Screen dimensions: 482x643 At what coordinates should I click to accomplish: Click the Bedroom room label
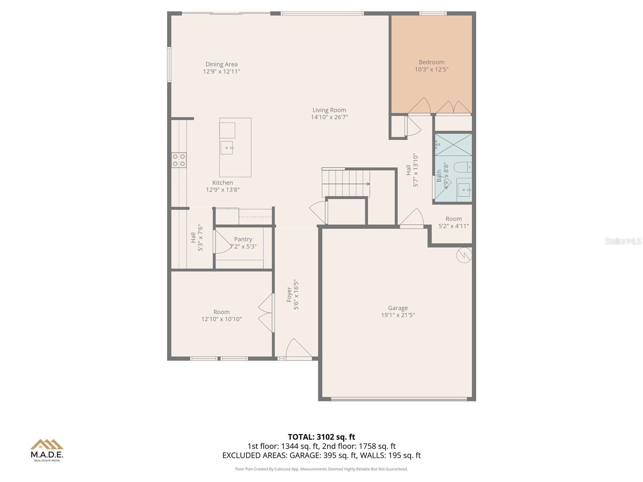(x=431, y=62)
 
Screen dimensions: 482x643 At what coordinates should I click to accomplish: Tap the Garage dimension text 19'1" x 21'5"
(x=398, y=315)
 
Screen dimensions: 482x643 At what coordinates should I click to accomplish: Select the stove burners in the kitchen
(x=179, y=160)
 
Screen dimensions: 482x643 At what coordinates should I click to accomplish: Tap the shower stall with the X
(x=453, y=145)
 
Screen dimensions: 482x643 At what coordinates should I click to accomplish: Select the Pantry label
(x=243, y=239)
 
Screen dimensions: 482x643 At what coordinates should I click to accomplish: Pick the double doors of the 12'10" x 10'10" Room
(x=266, y=312)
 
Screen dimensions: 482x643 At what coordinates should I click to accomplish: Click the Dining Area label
(x=221, y=64)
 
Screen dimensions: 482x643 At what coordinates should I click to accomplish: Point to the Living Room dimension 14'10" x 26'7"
(x=329, y=117)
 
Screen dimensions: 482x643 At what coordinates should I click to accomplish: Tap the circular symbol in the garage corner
(x=464, y=255)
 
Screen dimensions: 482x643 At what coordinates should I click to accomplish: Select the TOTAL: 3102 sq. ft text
(x=321, y=437)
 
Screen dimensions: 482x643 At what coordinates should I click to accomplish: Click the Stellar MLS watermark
(x=623, y=241)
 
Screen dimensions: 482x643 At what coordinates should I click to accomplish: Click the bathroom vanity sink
(x=464, y=189)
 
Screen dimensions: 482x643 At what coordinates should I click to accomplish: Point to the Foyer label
(x=289, y=294)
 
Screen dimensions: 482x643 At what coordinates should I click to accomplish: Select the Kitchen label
(x=223, y=183)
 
